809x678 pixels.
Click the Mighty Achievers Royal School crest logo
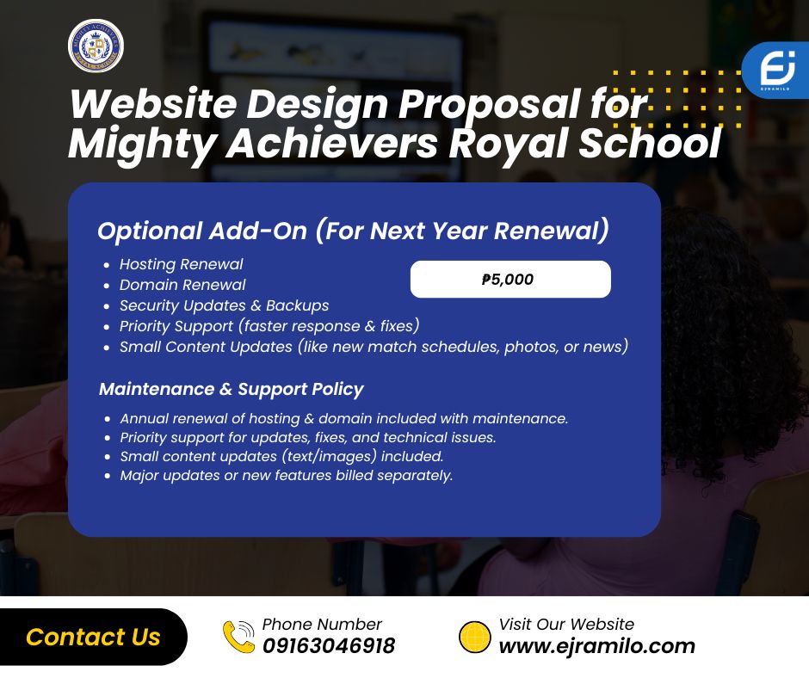96,46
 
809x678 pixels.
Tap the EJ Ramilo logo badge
776,71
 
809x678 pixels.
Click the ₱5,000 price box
510,279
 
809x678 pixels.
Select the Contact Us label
93,637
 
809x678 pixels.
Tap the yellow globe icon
475,637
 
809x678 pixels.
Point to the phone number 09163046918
329,646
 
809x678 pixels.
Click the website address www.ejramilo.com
597,646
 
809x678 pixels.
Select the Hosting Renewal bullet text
181,264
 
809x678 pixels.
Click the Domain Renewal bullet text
182,285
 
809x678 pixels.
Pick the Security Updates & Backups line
225,305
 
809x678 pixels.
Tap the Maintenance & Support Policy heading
232,389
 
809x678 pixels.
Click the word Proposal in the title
489,105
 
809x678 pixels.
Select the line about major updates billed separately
287,475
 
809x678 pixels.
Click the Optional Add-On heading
354,231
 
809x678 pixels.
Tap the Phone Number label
322,625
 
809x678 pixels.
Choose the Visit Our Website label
566,625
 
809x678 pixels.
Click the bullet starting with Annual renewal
344,418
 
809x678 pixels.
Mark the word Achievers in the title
332,144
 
